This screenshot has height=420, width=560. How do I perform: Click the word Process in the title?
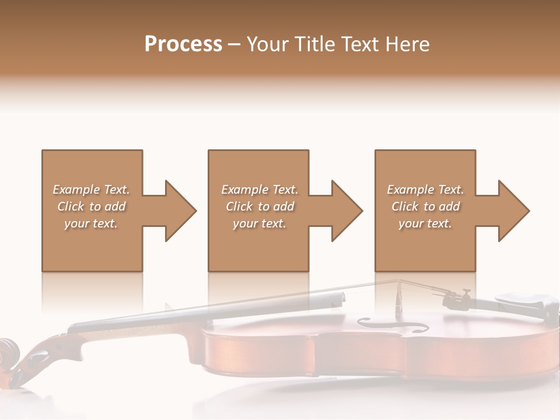point(183,44)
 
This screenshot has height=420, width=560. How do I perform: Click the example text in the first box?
point(91,206)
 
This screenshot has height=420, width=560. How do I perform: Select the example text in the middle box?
point(260,206)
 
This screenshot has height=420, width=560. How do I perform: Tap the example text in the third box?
point(425,206)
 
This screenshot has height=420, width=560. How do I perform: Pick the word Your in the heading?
point(265,44)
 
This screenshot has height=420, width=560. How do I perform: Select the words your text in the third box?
point(425,223)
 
